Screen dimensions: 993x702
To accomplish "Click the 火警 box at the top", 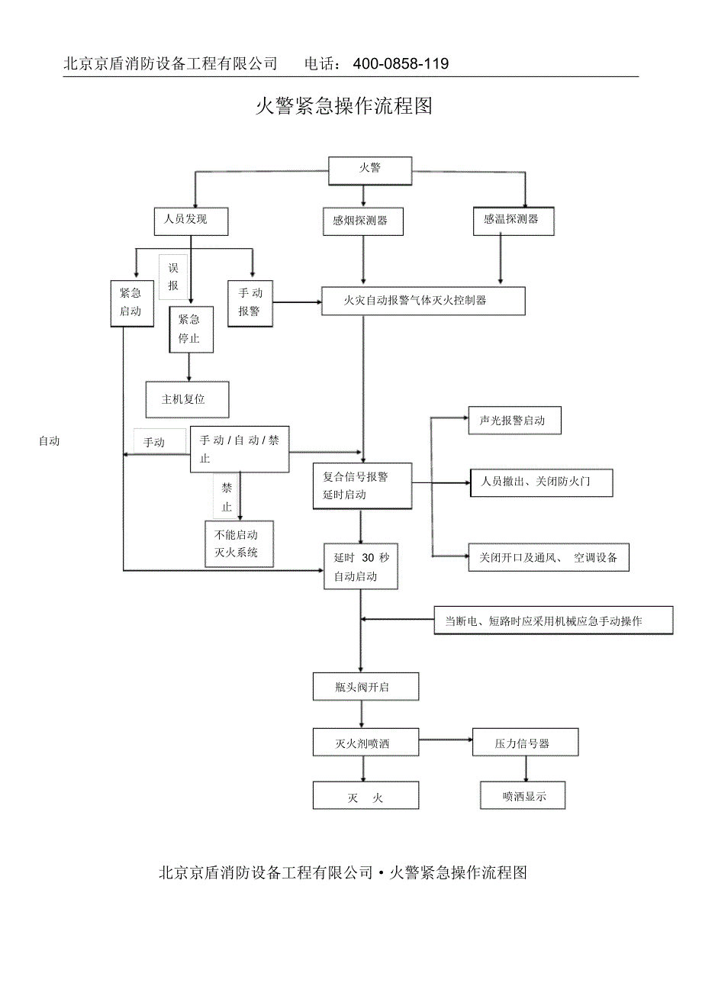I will [370, 170].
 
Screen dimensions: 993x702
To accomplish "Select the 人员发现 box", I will [185, 221].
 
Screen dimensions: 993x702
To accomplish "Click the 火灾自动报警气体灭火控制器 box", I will [423, 301].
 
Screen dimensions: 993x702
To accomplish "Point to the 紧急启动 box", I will [130, 302].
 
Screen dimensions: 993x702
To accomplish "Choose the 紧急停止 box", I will [190, 328].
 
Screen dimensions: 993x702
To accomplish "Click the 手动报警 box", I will [250, 302].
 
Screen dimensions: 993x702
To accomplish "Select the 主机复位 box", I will [186, 398].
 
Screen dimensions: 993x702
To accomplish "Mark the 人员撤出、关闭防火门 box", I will [541, 482].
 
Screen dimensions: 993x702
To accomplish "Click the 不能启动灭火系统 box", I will [239, 543].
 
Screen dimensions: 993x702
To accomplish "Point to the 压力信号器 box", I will [524, 742].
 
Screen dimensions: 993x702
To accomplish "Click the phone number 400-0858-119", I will [401, 64].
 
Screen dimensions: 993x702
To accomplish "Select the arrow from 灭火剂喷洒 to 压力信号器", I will [446, 740].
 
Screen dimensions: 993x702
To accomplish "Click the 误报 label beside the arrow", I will [173, 276].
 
